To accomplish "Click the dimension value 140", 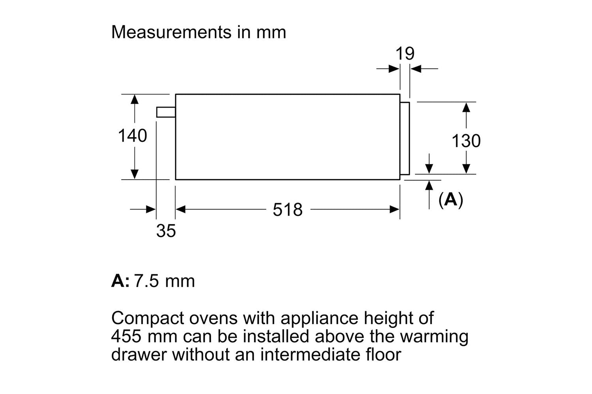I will (x=133, y=136).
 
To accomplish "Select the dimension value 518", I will (x=288, y=210).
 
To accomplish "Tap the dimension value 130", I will (x=466, y=141).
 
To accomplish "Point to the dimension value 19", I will (x=405, y=54).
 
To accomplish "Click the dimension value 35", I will (x=166, y=231).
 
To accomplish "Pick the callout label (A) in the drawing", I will (x=450, y=200).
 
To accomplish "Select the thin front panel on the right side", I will (x=405, y=138).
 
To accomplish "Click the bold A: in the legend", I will (x=120, y=281).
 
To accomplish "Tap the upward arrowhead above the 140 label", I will (x=135, y=99).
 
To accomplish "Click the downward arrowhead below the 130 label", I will (x=466, y=169).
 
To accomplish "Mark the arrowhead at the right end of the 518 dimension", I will (x=395, y=210).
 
